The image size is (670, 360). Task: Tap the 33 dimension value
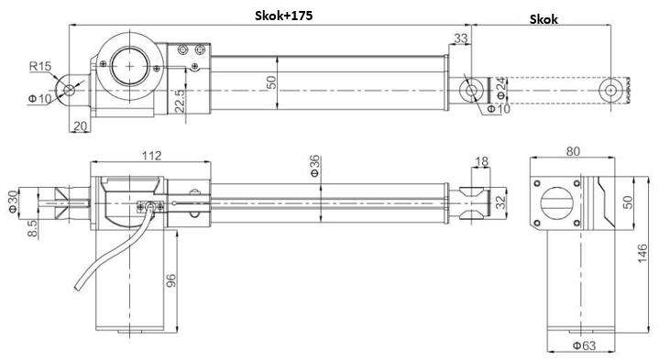pos(460,38)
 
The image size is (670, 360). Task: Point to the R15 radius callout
pos(38,66)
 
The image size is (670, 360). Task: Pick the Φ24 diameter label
pos(500,89)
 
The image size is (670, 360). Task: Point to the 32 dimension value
pos(500,202)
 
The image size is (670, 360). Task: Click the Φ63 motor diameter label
pos(574,346)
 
